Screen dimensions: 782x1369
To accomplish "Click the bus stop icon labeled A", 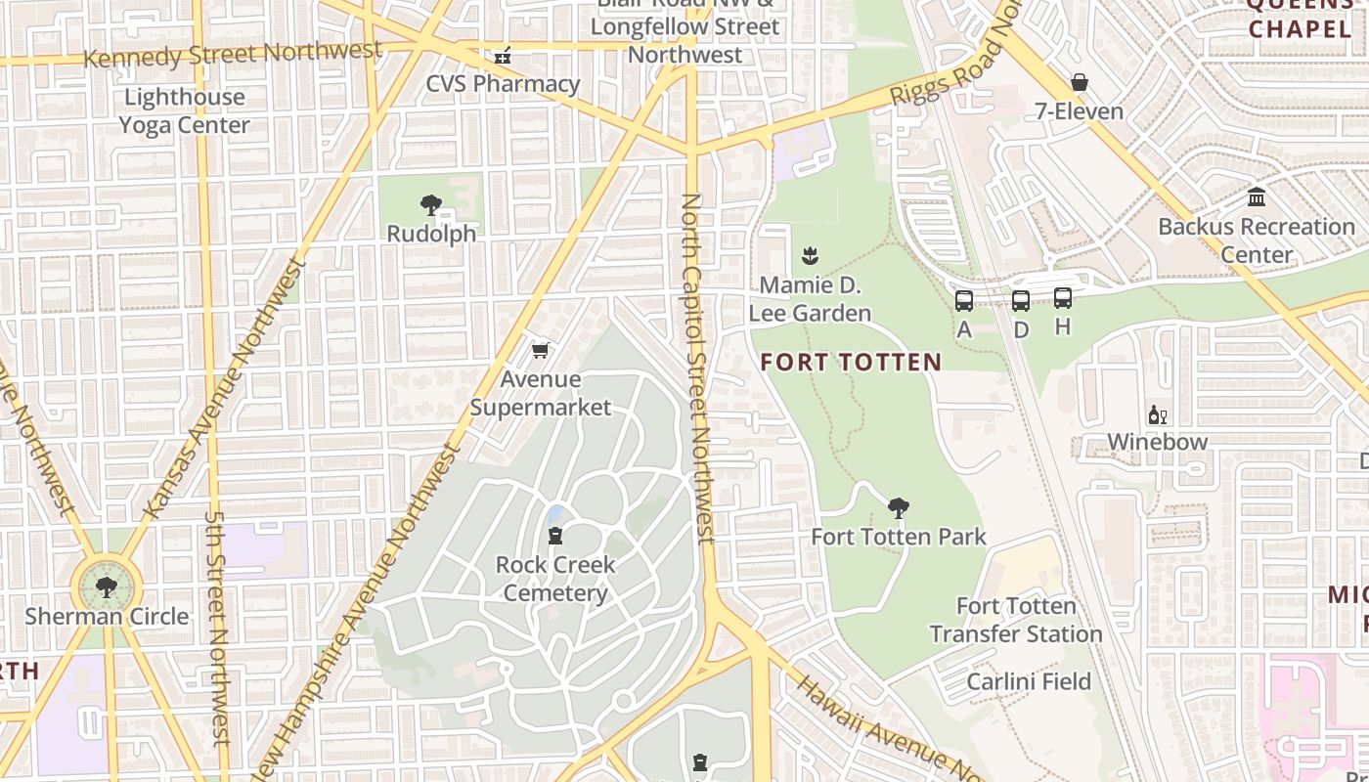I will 964,301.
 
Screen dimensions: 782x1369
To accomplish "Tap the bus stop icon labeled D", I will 1021,301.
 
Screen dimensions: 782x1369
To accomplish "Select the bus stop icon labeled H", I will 1063,298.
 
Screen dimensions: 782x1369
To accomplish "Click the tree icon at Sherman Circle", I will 106,587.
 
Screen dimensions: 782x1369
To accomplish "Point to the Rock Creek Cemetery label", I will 555,579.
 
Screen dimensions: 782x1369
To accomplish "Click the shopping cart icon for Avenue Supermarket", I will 541,350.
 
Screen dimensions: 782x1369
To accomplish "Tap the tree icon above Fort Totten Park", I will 899,508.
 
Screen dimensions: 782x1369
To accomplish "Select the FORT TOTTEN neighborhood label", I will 851,363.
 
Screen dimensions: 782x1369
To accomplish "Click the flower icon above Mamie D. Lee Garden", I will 810,257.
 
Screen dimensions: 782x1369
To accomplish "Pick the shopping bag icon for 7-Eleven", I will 1080,83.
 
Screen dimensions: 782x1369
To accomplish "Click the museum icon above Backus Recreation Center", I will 1257,197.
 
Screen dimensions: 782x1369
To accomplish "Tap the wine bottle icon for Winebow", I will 1158,415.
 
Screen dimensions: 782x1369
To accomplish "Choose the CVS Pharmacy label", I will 503,84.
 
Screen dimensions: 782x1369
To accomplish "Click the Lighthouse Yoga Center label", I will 184,110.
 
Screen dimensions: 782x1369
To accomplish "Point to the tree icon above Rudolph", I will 430,205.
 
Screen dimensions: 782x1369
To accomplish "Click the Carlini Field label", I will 1029,681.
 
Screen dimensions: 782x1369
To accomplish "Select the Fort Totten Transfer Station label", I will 1016,620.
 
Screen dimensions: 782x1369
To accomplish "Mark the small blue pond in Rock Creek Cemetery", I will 554,514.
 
